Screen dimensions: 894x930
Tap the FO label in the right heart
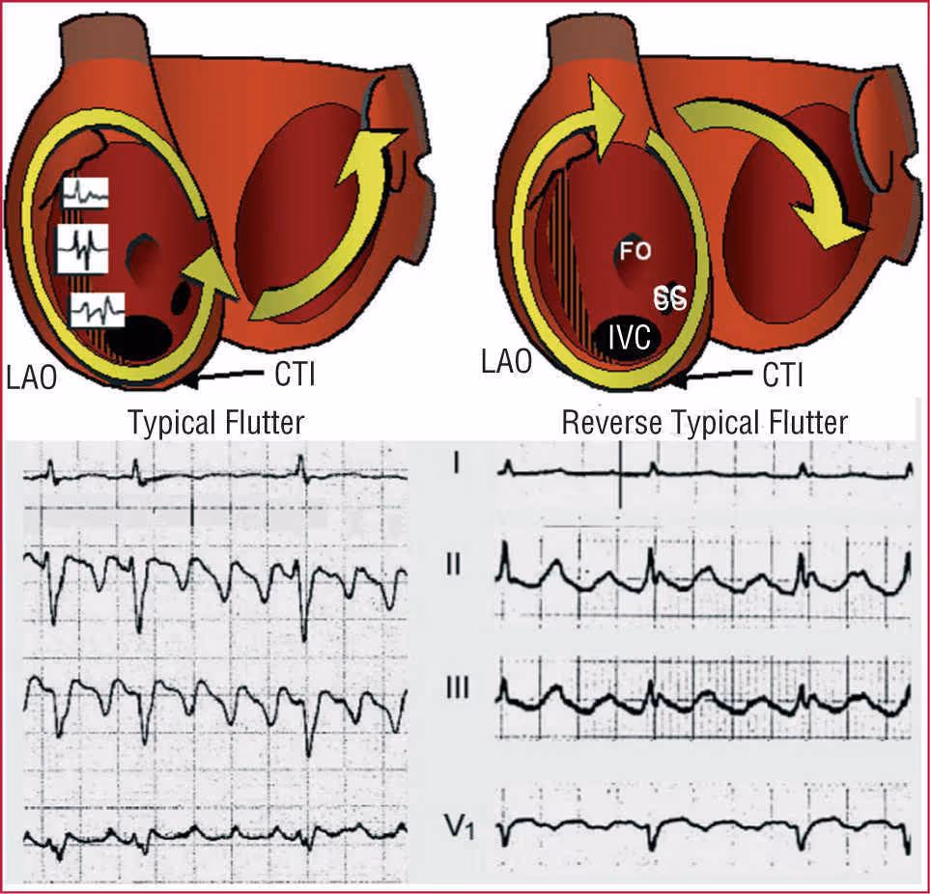[x=635, y=252]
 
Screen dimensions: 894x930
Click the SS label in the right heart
[x=670, y=297]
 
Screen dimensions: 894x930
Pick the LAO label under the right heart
[x=506, y=363]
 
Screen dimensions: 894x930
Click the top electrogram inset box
[x=85, y=194]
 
